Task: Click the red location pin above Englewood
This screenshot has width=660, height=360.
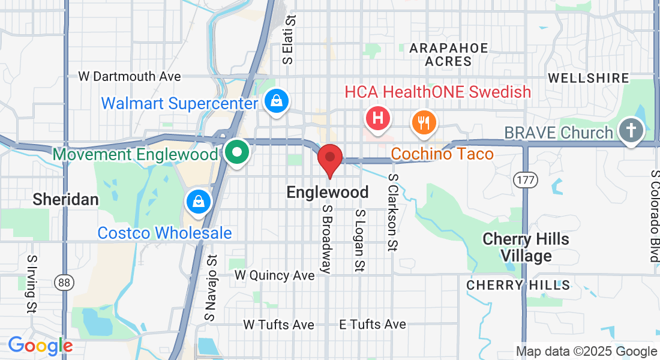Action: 329,159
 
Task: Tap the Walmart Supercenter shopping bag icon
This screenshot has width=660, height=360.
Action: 276,102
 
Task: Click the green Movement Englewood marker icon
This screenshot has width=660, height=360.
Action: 238,152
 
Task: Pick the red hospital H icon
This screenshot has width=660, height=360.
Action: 378,118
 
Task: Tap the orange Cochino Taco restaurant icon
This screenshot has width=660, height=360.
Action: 424,123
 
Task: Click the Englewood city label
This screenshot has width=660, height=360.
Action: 328,192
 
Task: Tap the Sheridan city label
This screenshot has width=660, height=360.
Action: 65,199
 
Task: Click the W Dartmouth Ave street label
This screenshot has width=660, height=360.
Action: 130,77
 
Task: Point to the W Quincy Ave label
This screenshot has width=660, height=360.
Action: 274,275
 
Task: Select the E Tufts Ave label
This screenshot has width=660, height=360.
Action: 373,324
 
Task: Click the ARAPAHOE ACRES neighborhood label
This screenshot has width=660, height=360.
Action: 449,55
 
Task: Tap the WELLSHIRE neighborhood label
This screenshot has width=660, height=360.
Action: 589,78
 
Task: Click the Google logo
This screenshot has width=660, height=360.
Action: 40,346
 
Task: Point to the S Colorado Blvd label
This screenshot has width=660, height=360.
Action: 654,216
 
